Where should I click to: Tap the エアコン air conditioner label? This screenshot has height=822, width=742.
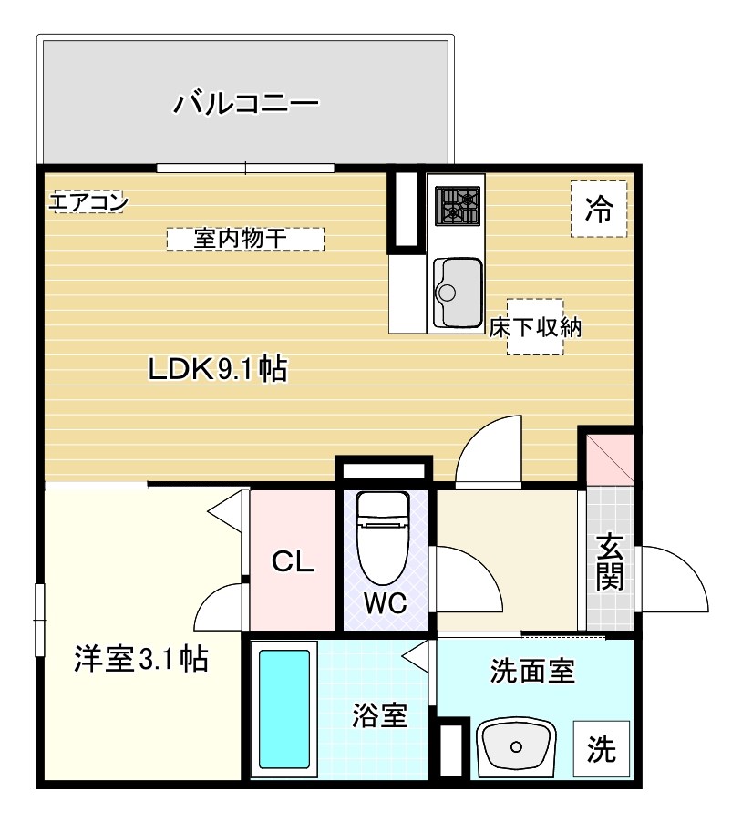[88, 202]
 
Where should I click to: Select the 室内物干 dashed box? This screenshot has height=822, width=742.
[245, 239]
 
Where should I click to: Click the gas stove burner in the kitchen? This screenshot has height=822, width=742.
[457, 205]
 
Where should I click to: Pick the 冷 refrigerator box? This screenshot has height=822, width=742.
[599, 210]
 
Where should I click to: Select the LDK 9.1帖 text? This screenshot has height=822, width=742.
[219, 369]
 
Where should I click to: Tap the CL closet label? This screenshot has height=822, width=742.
[294, 562]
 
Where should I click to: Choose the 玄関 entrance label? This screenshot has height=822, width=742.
[610, 562]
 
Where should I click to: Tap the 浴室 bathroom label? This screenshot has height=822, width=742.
[379, 715]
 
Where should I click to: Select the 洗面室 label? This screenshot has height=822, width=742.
[531, 673]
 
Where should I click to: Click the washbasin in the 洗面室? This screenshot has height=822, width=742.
[516, 746]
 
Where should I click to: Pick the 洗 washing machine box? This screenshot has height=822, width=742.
[601, 749]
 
